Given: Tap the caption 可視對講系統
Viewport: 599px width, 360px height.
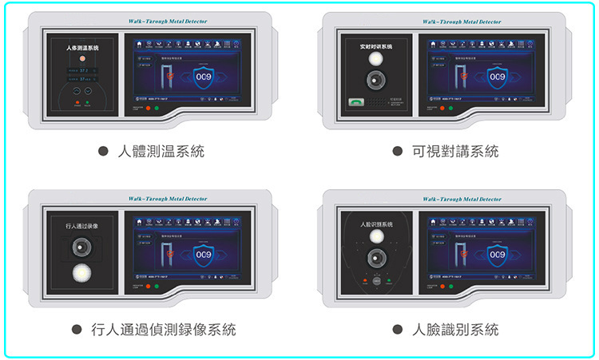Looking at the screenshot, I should (455, 152).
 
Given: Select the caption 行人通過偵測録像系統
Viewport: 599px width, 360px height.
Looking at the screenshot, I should (163, 329).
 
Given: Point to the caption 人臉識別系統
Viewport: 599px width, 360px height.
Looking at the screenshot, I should (455, 329).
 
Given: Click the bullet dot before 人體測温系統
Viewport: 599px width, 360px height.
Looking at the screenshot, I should (103, 152).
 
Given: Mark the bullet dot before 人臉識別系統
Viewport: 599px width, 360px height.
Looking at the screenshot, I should (397, 329).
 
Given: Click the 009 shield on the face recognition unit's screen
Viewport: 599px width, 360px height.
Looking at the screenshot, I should (497, 255).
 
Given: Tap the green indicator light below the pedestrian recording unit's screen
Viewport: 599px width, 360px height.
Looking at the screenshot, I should (157, 285).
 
